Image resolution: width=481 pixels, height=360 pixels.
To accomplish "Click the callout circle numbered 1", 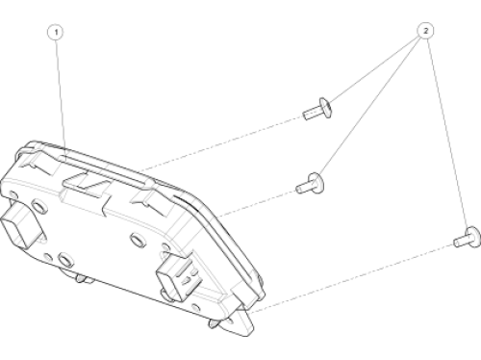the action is (x=56, y=32).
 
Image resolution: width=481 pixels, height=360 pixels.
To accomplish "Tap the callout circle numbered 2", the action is (x=425, y=31).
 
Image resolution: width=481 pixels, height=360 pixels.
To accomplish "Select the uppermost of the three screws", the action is (x=317, y=109).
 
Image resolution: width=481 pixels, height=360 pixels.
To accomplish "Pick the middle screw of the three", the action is (x=310, y=184).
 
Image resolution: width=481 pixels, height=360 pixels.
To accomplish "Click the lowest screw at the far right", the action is (x=468, y=238).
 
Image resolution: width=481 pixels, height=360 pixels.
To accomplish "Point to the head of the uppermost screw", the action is (x=325, y=108).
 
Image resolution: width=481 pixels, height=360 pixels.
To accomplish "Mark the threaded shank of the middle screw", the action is (x=302, y=187).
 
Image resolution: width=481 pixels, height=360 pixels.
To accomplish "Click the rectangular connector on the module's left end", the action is (x=20, y=226).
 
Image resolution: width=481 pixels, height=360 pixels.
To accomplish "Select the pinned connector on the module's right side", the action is (x=178, y=277).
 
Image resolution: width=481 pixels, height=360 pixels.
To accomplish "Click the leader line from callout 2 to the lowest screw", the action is (x=447, y=133).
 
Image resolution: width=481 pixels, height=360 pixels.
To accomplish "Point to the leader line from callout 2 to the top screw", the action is (x=375, y=69).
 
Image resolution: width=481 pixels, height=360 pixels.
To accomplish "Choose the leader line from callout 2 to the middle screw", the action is (x=370, y=106).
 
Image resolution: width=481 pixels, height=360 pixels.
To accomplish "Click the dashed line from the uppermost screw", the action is (x=221, y=143).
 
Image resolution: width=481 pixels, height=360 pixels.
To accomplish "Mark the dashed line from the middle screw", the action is (x=257, y=203).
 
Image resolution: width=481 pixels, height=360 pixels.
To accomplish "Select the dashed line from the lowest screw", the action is (x=351, y=278).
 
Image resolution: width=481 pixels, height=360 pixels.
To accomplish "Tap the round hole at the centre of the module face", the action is (x=137, y=240).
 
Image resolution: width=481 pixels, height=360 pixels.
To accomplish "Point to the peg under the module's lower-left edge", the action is (x=80, y=278).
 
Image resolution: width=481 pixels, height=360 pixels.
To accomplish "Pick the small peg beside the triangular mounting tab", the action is (x=213, y=323).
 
